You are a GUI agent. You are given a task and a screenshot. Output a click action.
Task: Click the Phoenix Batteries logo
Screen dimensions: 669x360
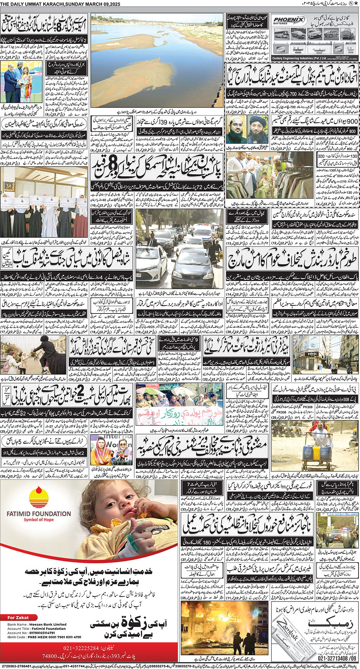(289, 21)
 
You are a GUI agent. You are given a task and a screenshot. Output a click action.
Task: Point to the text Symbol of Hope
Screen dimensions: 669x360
(39, 520)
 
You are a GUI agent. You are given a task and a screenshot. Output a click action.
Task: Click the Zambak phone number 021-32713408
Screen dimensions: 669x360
(337, 658)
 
